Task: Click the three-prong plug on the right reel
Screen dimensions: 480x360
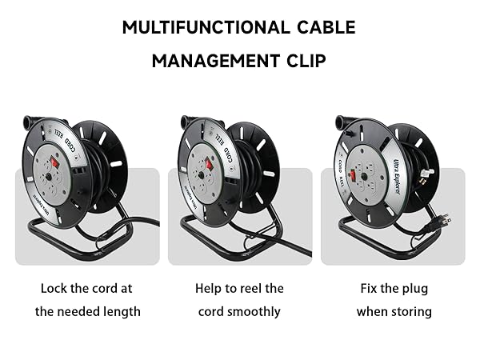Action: (442, 218)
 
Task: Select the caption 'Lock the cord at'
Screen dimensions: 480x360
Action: (87, 288)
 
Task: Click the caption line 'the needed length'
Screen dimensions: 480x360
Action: (87, 311)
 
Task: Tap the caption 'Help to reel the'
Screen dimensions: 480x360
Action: (239, 288)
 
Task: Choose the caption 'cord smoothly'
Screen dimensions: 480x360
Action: (239, 311)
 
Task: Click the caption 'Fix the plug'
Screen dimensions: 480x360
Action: (394, 288)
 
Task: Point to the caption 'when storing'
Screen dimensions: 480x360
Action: (394, 311)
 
